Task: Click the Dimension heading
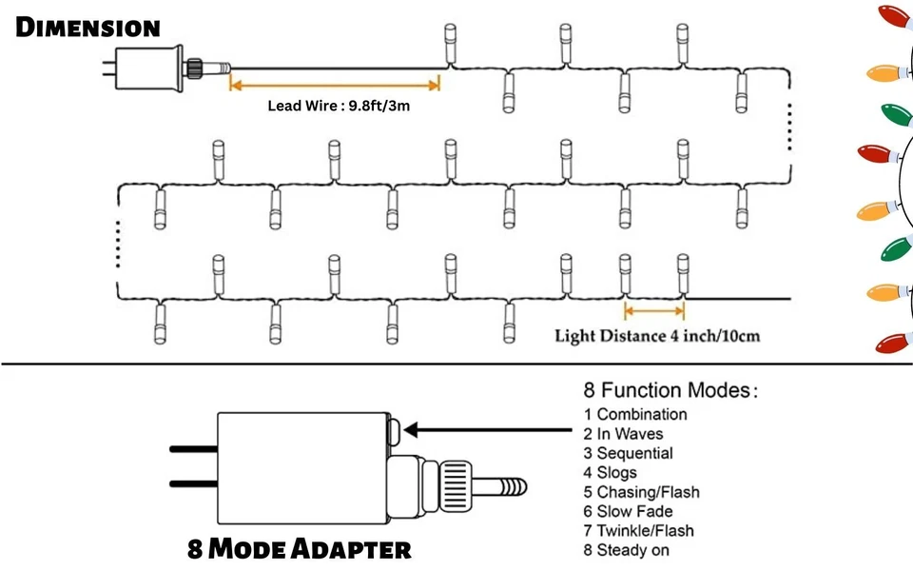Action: (x=87, y=27)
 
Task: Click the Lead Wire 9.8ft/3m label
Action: (x=339, y=106)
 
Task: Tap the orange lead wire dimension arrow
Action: (x=335, y=85)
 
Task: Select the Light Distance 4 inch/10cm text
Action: (x=656, y=336)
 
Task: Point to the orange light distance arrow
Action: (x=654, y=310)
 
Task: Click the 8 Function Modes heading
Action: (x=670, y=390)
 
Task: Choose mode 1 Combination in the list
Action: (x=634, y=414)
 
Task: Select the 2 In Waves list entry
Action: (x=624, y=434)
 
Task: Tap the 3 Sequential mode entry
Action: (x=628, y=453)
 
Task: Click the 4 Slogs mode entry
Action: (x=611, y=472)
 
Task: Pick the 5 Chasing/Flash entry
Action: (x=641, y=492)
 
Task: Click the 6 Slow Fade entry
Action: (x=628, y=511)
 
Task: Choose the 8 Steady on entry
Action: (x=628, y=550)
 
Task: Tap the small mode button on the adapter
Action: (x=395, y=429)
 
